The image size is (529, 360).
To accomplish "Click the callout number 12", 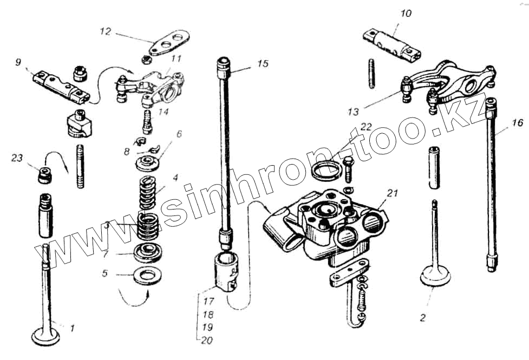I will (x=105, y=32).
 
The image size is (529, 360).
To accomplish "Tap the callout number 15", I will (x=263, y=64).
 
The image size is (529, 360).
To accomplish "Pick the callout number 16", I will (x=518, y=123).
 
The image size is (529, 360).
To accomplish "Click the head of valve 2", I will (x=436, y=277).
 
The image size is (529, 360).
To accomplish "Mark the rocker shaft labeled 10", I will (x=393, y=44).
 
